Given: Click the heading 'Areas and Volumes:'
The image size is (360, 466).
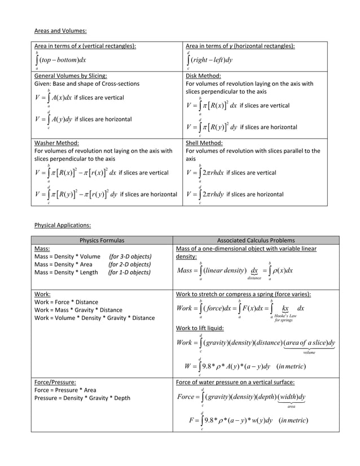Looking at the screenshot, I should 60,31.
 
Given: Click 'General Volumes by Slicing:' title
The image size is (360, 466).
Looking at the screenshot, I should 71,76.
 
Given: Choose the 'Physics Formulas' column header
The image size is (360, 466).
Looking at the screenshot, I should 102,240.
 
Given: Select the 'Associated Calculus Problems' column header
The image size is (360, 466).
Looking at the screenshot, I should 257,240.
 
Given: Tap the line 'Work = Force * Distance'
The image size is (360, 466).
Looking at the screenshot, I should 66,302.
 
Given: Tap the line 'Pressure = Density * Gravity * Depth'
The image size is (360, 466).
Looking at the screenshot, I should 82,398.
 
